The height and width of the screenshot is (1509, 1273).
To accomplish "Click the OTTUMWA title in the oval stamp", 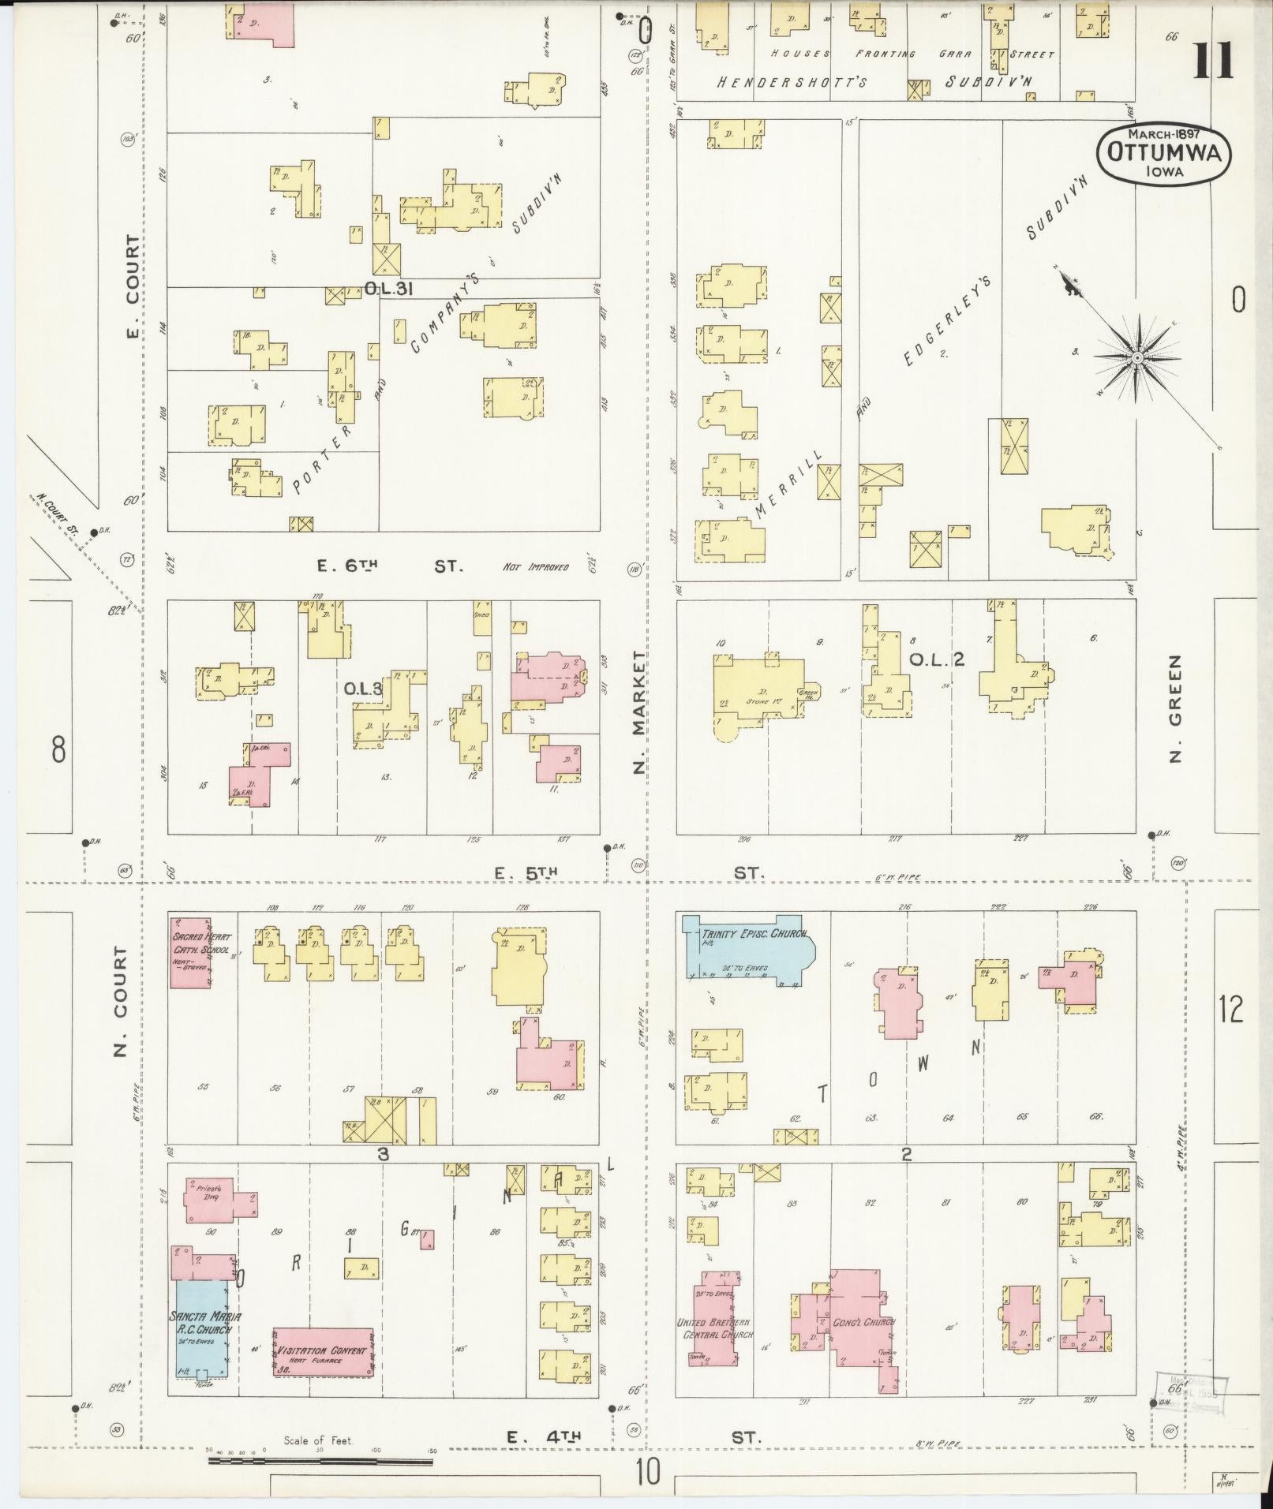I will pyautogui.click(x=1163, y=152).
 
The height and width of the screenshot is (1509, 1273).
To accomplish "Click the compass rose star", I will pyautogui.click(x=1138, y=359).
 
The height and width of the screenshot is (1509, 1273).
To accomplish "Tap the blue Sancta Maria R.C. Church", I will pyautogui.click(x=202, y=1329).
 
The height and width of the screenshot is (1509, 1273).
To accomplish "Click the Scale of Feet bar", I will pyautogui.click(x=320, y=1461).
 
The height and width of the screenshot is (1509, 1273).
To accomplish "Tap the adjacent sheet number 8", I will pyautogui.click(x=58, y=749).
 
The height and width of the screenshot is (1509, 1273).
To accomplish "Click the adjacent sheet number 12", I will pyautogui.click(x=1230, y=1009).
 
